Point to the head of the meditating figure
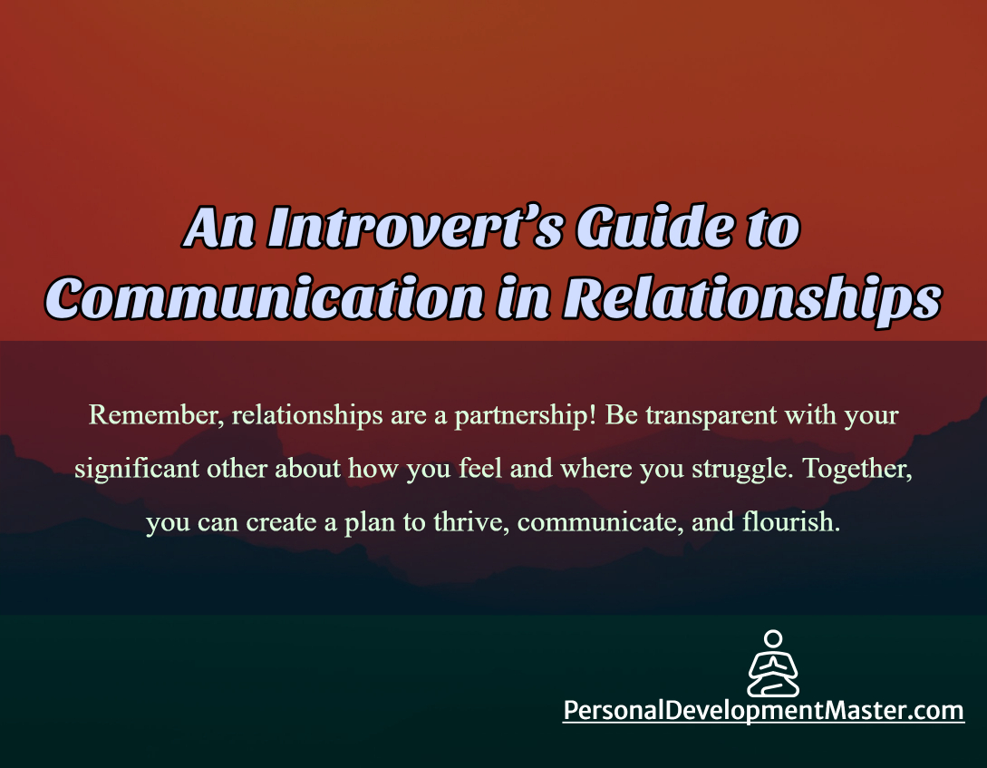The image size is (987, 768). pyautogui.click(x=773, y=639)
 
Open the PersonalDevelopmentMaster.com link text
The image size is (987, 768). pyautogui.click(x=763, y=710)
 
